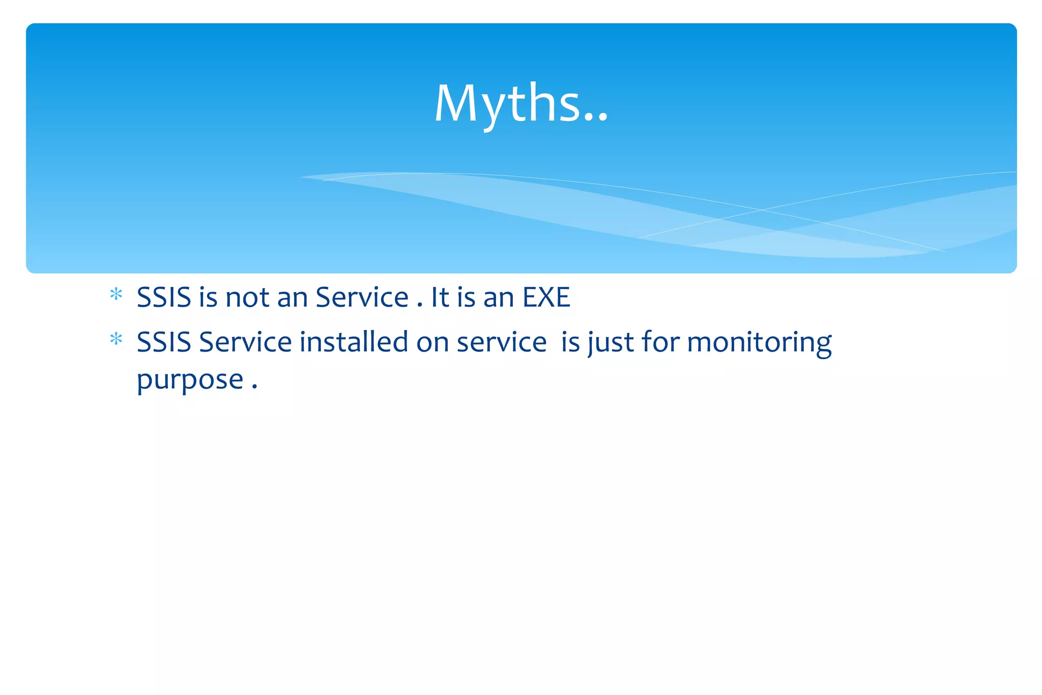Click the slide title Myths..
click(x=520, y=103)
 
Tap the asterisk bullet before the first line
click(x=116, y=295)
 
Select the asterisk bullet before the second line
click(x=116, y=339)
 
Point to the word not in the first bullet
click(x=247, y=297)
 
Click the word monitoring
click(x=759, y=342)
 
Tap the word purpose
click(x=190, y=380)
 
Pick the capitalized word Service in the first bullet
click(x=362, y=297)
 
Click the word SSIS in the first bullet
click(x=163, y=297)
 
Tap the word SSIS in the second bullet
click(x=163, y=342)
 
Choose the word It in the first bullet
click(x=440, y=297)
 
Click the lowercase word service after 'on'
click(x=501, y=342)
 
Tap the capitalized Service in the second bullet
click(x=245, y=342)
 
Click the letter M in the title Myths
click(x=457, y=103)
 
